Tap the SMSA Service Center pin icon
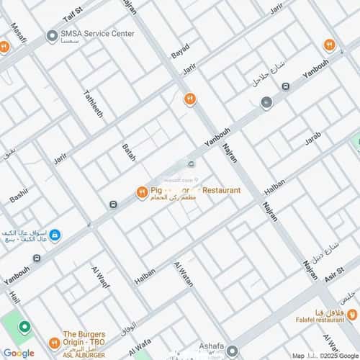[52, 36]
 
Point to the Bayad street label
[180, 50]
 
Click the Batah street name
[129, 152]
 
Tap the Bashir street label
[19, 194]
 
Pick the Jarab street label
[312, 138]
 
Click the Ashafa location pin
[233, 351]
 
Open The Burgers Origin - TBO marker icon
[53, 344]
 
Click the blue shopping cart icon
[55, 235]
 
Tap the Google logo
[19, 353]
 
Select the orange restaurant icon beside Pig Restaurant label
[142, 192]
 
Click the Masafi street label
[16, 32]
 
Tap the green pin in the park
[24, 328]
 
